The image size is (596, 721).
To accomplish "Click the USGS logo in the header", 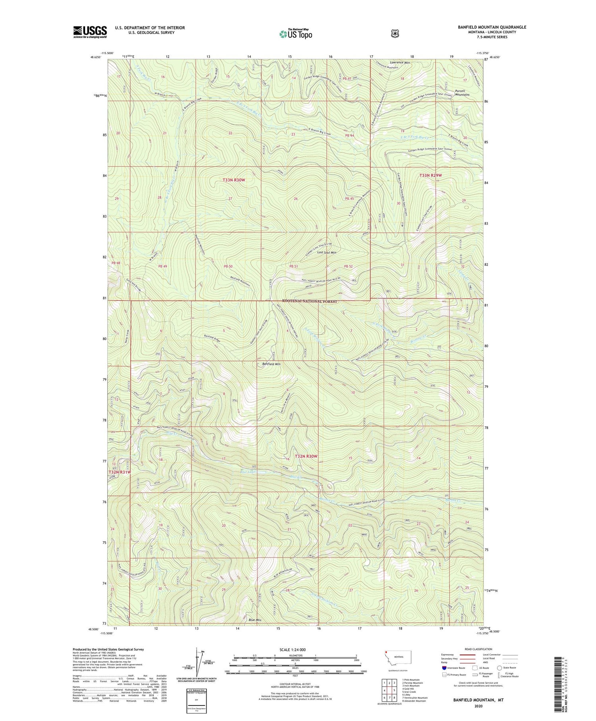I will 90,32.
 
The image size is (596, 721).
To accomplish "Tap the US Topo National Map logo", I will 296,34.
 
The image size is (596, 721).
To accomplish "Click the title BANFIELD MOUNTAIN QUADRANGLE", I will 492,27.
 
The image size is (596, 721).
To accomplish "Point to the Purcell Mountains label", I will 462,93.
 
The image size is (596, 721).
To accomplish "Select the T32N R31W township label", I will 120,472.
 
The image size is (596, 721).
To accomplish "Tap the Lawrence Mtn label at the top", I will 400,62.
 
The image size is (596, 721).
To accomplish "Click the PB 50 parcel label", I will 228,266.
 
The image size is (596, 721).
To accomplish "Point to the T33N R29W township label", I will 431,175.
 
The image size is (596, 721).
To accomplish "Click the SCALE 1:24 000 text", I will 295,649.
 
